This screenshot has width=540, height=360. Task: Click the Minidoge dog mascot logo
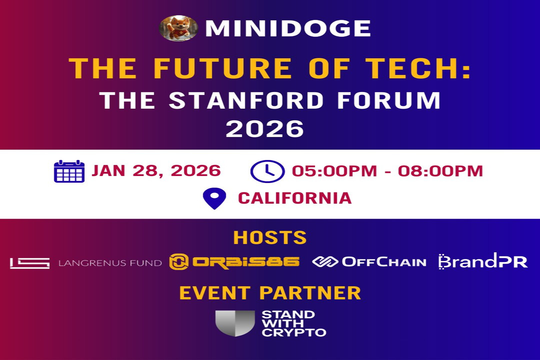178,28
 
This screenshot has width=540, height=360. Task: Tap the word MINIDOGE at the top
288,28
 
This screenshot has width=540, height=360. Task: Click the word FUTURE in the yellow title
222,68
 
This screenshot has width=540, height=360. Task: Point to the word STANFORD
246,100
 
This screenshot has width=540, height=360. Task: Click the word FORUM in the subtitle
389,100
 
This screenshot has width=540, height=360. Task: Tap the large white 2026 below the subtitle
265,129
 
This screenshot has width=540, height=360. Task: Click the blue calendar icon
69,171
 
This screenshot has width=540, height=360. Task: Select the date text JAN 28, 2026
156,171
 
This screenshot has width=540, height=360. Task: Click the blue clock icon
267,171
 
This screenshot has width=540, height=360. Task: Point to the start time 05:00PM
334,171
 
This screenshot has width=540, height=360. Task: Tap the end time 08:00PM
440,171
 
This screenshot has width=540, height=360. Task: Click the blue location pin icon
214,198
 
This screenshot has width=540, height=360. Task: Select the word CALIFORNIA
295,198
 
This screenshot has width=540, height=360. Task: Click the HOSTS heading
270,238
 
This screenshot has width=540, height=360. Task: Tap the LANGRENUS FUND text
110,263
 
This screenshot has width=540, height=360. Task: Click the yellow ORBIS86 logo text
246,262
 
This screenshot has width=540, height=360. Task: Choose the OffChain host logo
369,262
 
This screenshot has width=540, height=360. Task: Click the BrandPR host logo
483,261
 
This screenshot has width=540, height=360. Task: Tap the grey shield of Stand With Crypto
235,323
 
